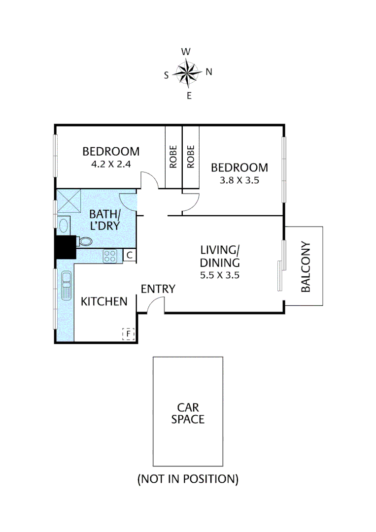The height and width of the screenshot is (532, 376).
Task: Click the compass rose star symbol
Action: (x=188, y=73)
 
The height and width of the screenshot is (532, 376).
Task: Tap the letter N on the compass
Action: (x=208, y=72)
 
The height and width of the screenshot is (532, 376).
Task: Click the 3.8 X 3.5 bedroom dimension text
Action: (x=239, y=180)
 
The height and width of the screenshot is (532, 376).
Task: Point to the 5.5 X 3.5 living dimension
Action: (x=219, y=275)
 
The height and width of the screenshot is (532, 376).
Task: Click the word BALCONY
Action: (x=306, y=266)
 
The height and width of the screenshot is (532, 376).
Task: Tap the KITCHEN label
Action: (x=104, y=301)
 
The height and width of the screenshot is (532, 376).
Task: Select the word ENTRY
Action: (x=158, y=289)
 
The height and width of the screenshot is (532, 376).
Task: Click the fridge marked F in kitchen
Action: (x=128, y=334)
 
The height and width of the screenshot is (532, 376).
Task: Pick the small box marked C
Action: (x=129, y=255)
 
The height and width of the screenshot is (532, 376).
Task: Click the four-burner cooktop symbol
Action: (x=109, y=255)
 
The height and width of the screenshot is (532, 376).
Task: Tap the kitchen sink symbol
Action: (x=66, y=286)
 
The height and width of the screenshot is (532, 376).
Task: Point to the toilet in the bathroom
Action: (x=84, y=241)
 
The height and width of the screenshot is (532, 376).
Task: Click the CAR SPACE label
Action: (x=188, y=413)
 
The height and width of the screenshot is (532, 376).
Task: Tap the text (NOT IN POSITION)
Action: (x=188, y=478)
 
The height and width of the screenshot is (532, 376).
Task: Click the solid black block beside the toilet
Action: (x=66, y=247)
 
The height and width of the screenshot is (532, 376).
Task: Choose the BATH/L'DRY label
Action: (x=104, y=220)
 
